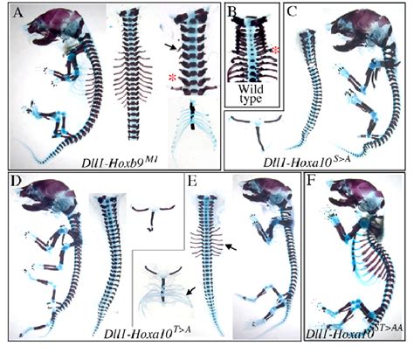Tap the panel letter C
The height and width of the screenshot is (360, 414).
tap(293, 12)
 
